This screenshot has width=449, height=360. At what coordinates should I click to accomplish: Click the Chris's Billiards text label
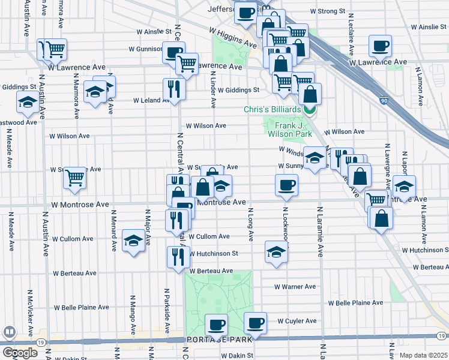tap(272, 109)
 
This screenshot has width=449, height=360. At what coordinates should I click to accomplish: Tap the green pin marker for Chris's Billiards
tap(310, 109)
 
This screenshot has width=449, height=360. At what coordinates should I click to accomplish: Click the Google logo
tap(20, 352)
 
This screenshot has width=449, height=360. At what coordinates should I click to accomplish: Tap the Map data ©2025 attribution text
tap(423, 355)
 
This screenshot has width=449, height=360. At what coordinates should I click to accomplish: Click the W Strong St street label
tap(327, 11)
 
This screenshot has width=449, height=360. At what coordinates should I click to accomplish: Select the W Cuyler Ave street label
tap(297, 321)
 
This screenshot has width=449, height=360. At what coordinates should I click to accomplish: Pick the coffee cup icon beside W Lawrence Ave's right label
tap(380, 46)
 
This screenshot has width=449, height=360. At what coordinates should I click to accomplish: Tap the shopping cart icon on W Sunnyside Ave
tap(75, 178)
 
